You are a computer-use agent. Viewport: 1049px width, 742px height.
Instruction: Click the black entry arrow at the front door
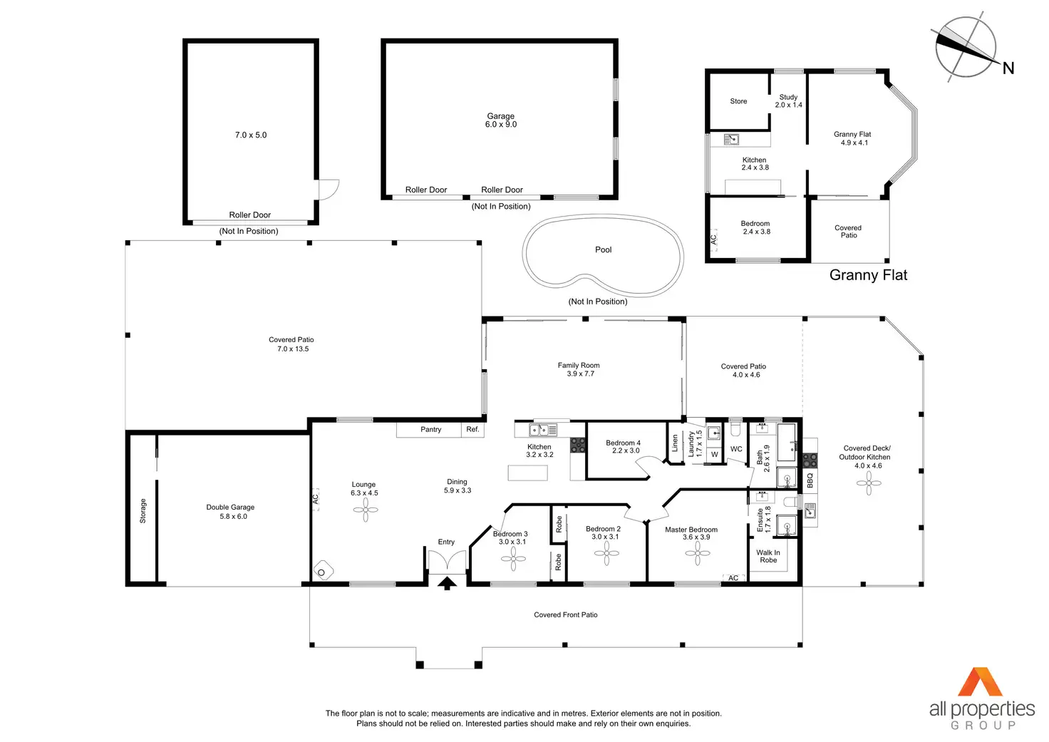coord(447,583)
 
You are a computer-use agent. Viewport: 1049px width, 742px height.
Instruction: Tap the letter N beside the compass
coord(1008,68)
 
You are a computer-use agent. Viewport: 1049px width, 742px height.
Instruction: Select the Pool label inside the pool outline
coord(603,249)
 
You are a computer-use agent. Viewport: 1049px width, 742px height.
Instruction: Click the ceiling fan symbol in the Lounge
coord(366,510)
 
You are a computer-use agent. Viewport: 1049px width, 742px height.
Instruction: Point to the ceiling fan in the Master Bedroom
coord(698,553)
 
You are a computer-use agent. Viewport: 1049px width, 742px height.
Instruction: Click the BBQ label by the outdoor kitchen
coord(810,480)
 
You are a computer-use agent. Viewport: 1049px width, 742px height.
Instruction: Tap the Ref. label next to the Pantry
coord(472,429)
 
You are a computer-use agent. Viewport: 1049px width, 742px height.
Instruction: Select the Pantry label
coord(431,430)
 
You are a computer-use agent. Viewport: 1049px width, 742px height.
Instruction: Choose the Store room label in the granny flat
coord(738,101)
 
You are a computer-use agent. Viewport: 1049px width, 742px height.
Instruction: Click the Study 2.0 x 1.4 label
coord(789,101)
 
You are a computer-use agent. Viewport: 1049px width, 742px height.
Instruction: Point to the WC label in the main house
coord(736,449)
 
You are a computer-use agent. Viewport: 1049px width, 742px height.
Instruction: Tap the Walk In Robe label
coord(768,556)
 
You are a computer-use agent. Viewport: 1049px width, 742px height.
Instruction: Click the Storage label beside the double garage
coord(143,510)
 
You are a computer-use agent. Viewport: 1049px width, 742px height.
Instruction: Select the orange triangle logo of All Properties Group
coord(980,682)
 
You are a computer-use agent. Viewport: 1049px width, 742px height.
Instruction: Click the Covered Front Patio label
coord(566,614)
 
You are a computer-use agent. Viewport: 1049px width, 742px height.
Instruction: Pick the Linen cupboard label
coord(675,443)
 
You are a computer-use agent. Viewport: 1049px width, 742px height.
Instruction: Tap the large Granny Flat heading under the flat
coord(868,275)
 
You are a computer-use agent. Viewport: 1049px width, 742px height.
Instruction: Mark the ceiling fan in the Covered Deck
coord(869,483)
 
